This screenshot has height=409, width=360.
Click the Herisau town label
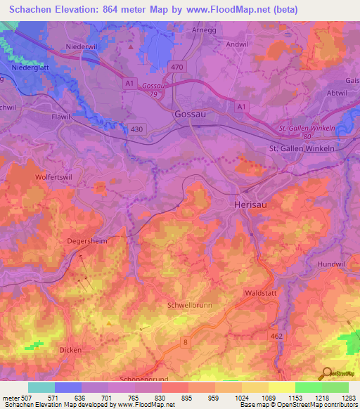(x=250, y=203)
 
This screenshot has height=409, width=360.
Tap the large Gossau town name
(x=190, y=115)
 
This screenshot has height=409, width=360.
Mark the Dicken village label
(x=70, y=350)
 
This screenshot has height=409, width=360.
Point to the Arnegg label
(x=205, y=30)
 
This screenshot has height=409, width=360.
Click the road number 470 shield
(x=176, y=67)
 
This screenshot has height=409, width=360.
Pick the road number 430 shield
(x=137, y=129)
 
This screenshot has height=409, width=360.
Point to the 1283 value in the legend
(x=348, y=398)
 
